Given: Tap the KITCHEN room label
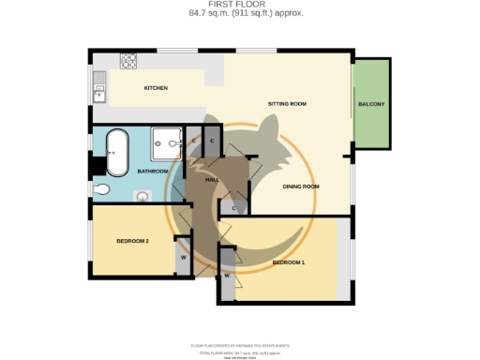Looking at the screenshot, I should tap(156, 88).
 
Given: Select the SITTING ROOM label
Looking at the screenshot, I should tap(288, 103).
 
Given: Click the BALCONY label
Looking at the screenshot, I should tap(371, 103).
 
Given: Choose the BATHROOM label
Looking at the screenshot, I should tap(153, 172).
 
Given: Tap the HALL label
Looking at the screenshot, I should tap(212, 178).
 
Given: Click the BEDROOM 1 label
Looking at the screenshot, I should tap(289, 262).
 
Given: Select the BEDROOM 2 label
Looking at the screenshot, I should tap(133, 241).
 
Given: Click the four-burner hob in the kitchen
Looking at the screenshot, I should tap(127, 61).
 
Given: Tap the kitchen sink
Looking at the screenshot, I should tap(98, 92).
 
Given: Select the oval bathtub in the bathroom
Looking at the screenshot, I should tap(117, 153).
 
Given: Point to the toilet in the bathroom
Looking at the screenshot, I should tap(101, 189).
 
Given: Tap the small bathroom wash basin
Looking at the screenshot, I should tap(142, 197).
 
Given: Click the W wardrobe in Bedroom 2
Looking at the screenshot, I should tap(183, 258).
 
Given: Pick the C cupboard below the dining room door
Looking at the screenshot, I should tap(233, 208).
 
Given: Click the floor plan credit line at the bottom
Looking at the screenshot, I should tap(240, 346).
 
